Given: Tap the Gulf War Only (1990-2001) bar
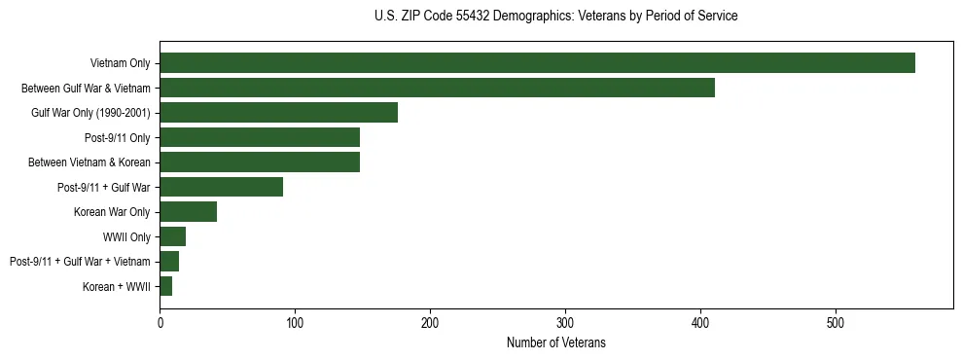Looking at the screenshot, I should click(x=278, y=113).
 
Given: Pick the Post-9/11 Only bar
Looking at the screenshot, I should click(x=260, y=137).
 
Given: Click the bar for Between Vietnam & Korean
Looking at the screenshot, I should click(x=260, y=162).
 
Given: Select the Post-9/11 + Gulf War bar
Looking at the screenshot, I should click(x=221, y=187).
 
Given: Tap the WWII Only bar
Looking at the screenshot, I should click(x=172, y=236).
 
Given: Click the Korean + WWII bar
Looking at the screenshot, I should click(x=166, y=286).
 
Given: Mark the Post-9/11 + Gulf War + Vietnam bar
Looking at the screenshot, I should click(x=169, y=262).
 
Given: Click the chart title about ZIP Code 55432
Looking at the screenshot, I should click(x=555, y=17).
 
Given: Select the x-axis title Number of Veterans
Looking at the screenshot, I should click(x=555, y=342).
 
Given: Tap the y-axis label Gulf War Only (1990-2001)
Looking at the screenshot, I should click(x=90, y=113).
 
